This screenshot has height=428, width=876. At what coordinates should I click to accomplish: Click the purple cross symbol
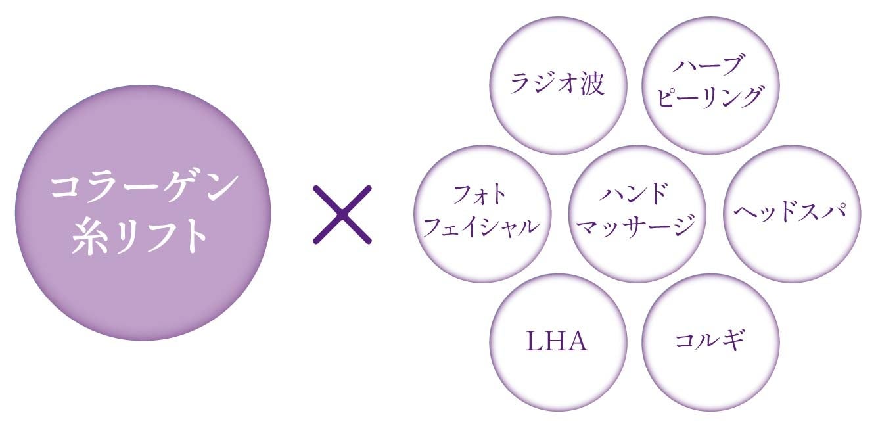[x=342, y=214]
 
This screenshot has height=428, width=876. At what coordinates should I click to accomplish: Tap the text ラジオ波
[x=558, y=84]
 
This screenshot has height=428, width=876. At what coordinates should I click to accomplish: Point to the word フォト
[x=481, y=195]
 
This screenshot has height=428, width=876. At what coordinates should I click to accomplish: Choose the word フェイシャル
[x=481, y=227]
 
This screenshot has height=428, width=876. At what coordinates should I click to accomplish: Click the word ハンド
[x=634, y=195]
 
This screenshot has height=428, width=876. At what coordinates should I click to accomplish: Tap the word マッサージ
[x=634, y=227]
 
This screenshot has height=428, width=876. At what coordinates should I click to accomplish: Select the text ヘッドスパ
[x=787, y=212]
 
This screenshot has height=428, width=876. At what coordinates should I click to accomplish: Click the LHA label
[x=557, y=342]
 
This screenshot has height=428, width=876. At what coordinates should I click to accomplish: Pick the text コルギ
[x=710, y=342]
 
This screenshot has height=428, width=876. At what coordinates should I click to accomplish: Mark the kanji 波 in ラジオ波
[x=592, y=84]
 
